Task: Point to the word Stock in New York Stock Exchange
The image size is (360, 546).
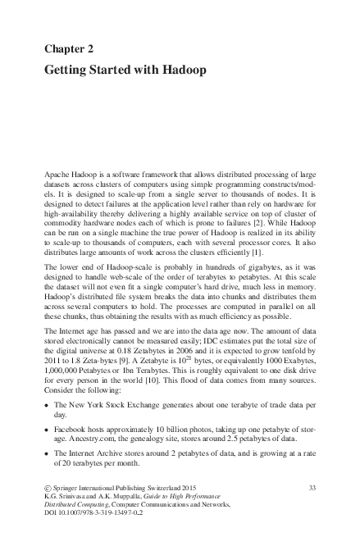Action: point(117,407)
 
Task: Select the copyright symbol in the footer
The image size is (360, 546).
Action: point(48,489)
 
